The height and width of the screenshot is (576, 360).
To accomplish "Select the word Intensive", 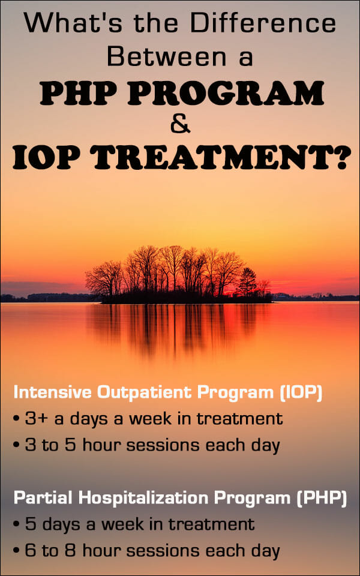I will click(46, 393).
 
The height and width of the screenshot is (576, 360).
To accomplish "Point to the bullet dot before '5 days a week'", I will click(16, 525).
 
